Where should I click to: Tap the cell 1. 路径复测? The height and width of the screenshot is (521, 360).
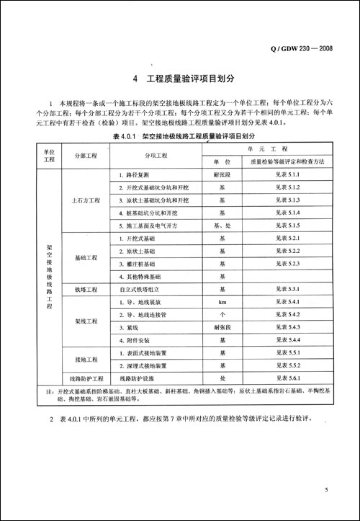click(x=134, y=175)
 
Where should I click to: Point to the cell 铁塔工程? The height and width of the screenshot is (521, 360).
click(x=84, y=289)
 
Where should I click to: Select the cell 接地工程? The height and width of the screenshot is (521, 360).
click(x=84, y=358)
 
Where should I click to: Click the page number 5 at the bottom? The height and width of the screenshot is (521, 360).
click(x=325, y=491)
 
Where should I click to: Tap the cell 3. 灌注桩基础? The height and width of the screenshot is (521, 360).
click(x=137, y=264)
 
